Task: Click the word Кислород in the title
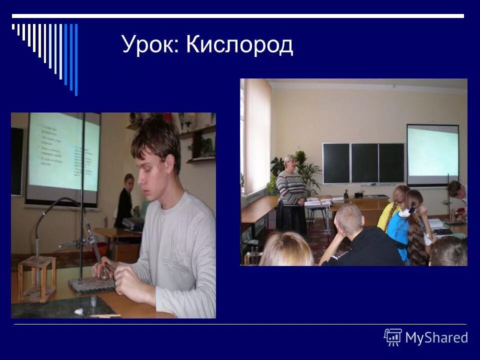tap(239, 45)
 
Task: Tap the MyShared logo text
tap(436, 337)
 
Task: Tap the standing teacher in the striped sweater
tap(292, 195)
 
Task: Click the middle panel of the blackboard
tap(364, 162)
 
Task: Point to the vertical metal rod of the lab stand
tap(82, 200)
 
